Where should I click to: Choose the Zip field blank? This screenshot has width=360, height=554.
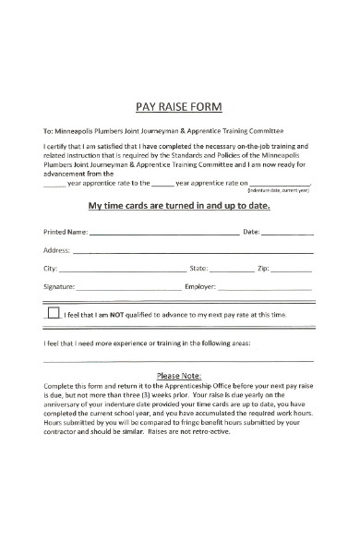tap(292, 271)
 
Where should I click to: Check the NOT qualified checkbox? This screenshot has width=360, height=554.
tap(53, 313)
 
